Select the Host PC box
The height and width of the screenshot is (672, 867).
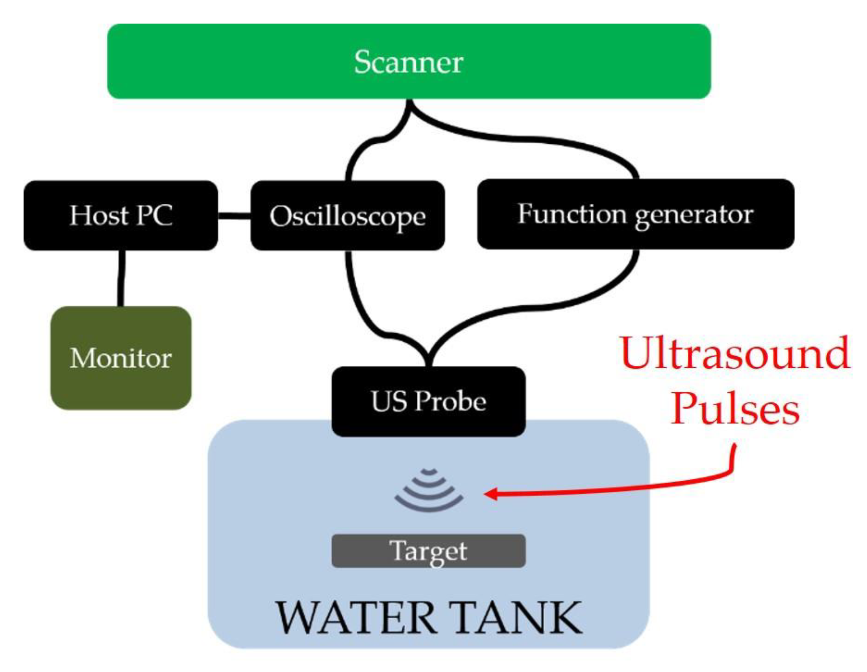(121, 215)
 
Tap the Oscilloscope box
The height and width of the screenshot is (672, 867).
(348, 215)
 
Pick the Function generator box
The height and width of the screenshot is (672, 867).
(635, 214)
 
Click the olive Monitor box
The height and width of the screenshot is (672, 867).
(121, 357)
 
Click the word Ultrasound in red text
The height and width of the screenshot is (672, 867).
(734, 352)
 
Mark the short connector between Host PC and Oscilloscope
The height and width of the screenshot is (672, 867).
(234, 216)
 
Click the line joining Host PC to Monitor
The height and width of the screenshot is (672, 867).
(121, 278)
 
